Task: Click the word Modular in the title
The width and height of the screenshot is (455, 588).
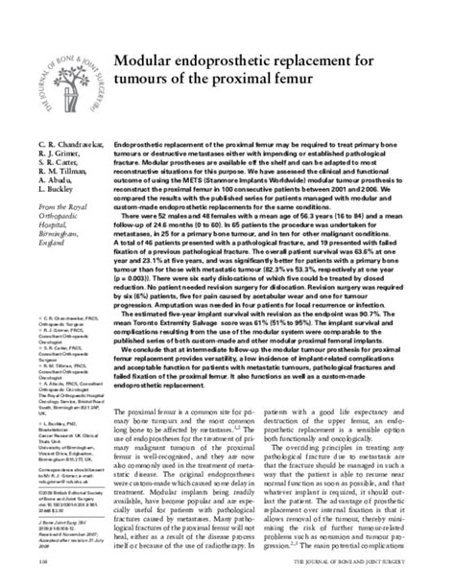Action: point(148,61)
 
